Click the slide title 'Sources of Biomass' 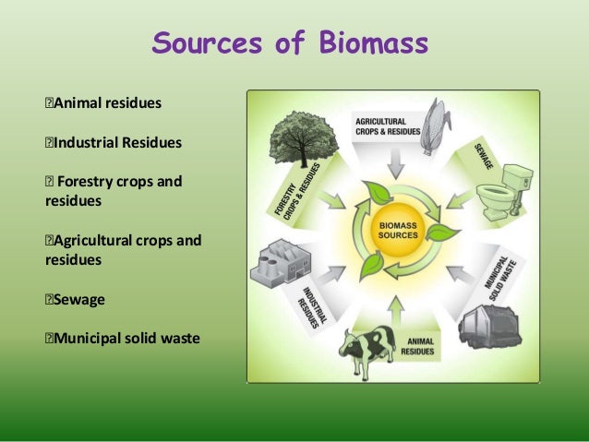(x=290, y=43)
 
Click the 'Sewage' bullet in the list (x=79, y=299)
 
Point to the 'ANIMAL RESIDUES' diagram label (x=421, y=345)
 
